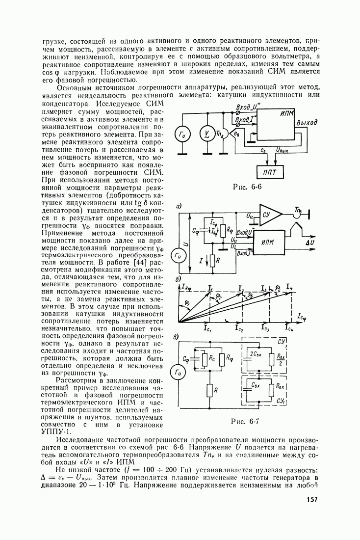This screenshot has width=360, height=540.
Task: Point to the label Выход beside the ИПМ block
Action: [307, 122]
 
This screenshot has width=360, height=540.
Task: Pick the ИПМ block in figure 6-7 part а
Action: [268, 243]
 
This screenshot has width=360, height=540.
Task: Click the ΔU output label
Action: [311, 243]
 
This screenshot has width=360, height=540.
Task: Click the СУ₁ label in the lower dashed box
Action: [281, 401]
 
